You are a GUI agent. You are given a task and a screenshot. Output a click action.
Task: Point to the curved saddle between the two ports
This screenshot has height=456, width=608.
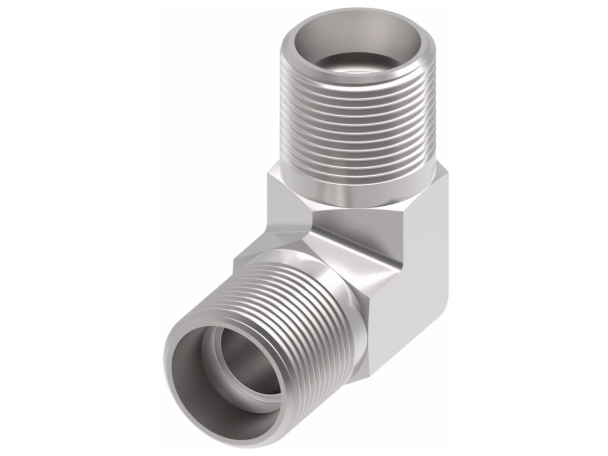pyautogui.click(x=352, y=233)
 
